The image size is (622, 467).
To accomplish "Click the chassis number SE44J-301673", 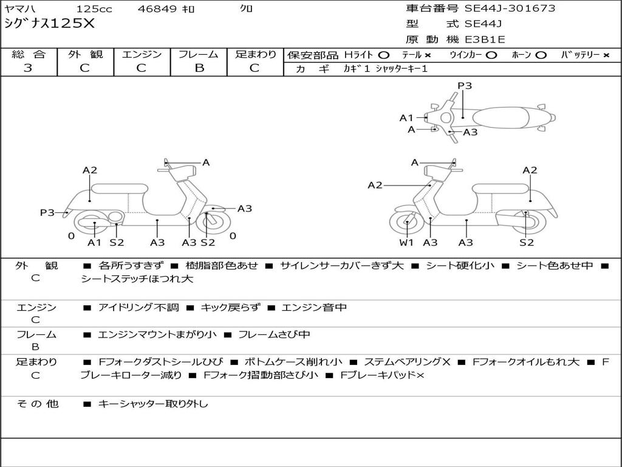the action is (x=510, y=9).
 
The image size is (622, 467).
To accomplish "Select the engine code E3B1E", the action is (x=485, y=40).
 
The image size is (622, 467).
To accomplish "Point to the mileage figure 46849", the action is (x=157, y=9).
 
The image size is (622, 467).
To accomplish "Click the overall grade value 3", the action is (x=28, y=68).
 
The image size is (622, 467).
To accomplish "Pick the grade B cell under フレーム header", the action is (x=199, y=68).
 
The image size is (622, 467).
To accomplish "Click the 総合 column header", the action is (x=29, y=55).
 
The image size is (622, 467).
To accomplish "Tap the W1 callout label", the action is (x=406, y=243).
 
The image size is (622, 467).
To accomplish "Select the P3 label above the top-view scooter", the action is (x=465, y=86).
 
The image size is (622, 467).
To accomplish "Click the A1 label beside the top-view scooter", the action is (x=406, y=118).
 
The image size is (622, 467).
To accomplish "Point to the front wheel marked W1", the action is (x=406, y=224).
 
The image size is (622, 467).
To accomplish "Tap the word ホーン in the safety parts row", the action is (x=521, y=55).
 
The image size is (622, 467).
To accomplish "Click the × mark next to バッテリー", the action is (x=606, y=55).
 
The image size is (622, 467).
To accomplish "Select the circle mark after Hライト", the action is (x=383, y=55).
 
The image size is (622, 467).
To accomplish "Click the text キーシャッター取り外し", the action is (x=153, y=404).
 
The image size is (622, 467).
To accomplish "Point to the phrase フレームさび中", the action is (x=274, y=334).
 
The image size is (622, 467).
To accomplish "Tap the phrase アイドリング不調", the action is (x=138, y=308).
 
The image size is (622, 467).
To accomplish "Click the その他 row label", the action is (x=38, y=404).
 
